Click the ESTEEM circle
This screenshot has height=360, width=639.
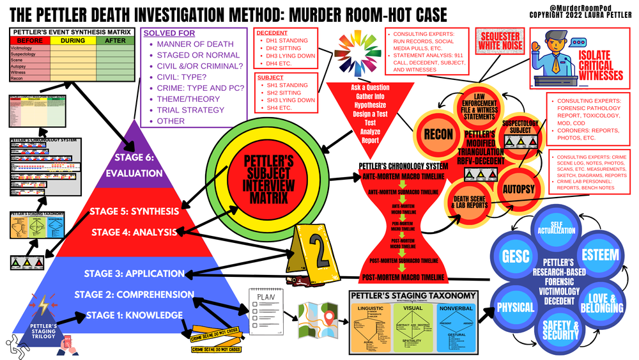(600, 256)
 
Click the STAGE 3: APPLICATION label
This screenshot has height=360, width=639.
(134, 273)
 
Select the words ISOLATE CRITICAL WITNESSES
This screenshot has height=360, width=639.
(600, 67)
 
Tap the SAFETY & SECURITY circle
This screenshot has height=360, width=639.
(560, 330)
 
